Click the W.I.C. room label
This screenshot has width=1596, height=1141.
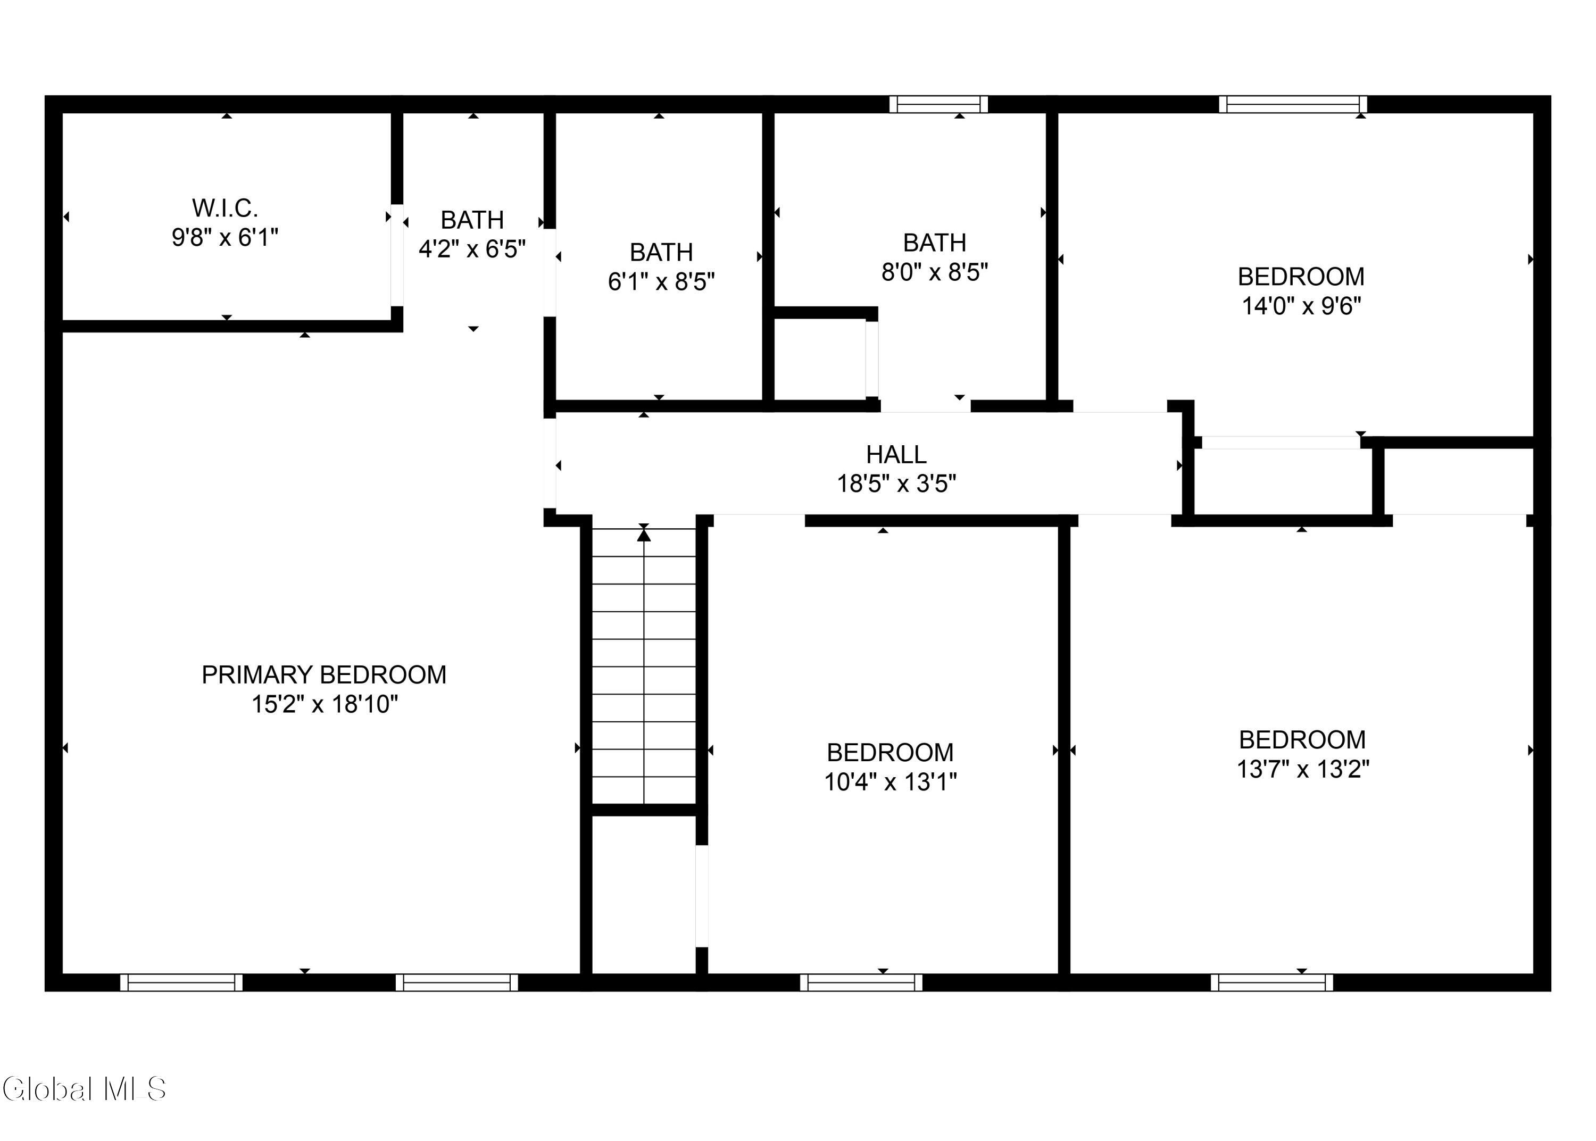pos(225,208)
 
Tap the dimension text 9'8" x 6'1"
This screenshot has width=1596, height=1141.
pos(225,237)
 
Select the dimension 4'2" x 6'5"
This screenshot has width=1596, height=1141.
pos(472,249)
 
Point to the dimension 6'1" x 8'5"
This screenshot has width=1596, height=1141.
pos(661,281)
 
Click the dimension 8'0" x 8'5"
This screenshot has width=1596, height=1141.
pos(934,272)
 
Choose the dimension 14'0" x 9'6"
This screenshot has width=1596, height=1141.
pos(1301,306)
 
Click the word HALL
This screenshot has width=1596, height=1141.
pos(896,455)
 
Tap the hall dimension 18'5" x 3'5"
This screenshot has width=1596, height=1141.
pos(896,484)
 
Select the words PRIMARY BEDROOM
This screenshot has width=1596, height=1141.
pos(324,674)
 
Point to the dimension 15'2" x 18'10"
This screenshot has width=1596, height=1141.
pos(325,704)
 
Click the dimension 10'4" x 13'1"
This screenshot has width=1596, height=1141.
pos(890,782)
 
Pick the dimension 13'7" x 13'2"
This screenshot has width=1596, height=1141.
pos(1302,769)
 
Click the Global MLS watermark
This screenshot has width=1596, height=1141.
pos(84,1089)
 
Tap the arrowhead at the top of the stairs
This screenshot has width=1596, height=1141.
pos(644,535)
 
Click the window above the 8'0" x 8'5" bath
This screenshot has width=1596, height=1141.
pos(938,104)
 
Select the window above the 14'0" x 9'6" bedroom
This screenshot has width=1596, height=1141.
pos(1293,104)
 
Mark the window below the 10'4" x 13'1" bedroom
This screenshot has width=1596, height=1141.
pos(861,982)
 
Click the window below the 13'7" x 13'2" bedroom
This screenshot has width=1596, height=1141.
pos(1271,982)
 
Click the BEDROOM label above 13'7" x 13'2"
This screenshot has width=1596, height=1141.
pos(1302,740)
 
